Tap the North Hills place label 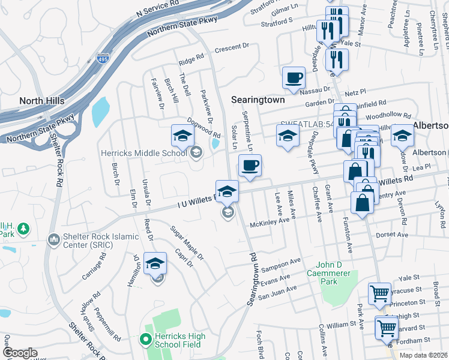click(x=42, y=101)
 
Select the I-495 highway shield click(x=103, y=59)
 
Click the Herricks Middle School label click(x=143, y=153)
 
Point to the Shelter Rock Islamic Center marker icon click(x=53, y=240)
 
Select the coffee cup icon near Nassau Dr click(x=294, y=77)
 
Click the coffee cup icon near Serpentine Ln click(x=250, y=165)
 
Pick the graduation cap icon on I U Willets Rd click(x=227, y=191)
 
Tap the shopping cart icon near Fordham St click(x=386, y=328)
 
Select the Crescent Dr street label click(x=232, y=47)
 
